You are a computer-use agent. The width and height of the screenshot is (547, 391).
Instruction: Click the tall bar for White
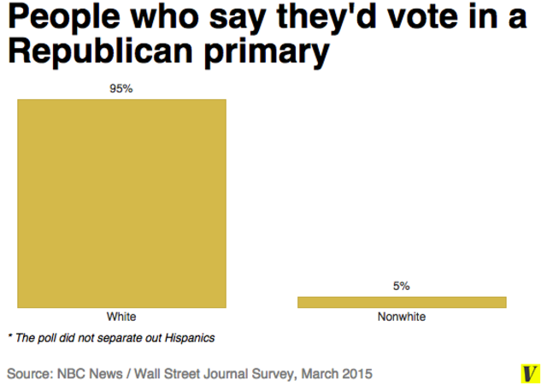point(121,203)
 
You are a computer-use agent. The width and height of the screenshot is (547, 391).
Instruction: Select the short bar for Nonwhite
point(402,301)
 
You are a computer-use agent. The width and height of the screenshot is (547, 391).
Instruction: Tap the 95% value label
point(121,89)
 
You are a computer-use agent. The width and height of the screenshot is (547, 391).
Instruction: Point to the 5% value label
point(402,286)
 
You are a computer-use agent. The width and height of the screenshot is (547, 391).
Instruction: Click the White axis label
point(121,317)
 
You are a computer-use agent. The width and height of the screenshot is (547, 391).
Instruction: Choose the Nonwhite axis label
point(402,317)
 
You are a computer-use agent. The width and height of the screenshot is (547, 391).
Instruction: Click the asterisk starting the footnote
point(9,336)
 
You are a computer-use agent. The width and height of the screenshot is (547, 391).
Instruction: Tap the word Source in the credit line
point(30,374)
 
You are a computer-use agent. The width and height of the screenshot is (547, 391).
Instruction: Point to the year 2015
point(357,374)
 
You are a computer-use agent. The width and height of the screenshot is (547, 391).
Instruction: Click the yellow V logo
point(530,374)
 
